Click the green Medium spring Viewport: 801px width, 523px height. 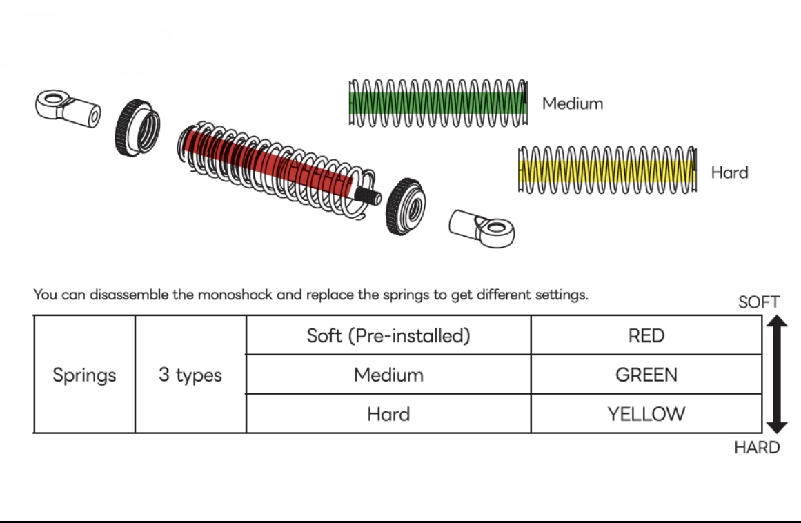click(x=439, y=103)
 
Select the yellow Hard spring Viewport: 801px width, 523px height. click(x=607, y=170)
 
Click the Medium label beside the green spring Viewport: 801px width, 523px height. click(x=573, y=103)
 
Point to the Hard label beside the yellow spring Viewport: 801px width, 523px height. click(x=729, y=172)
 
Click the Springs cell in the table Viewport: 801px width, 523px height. click(x=84, y=375)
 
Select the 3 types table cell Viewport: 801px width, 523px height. click(x=190, y=375)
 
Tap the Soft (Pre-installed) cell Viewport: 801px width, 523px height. click(x=388, y=336)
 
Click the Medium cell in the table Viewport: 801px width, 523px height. click(x=388, y=375)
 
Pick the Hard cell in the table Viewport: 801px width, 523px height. click(x=388, y=414)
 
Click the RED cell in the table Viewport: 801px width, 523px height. click(x=646, y=336)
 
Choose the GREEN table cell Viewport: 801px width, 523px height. click(x=646, y=375)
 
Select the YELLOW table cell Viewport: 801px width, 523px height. click(x=646, y=414)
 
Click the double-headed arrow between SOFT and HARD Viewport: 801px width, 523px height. click(x=776, y=375)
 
